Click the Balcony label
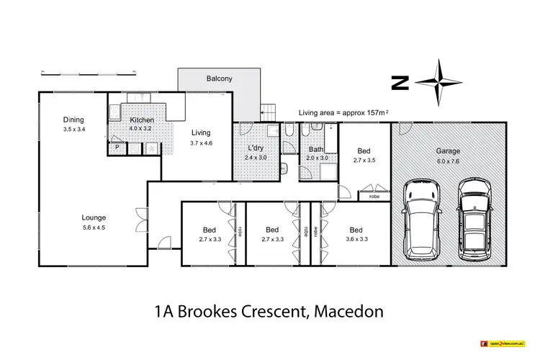coord(220,78)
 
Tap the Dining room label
coord(73,120)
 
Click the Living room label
coord(201,132)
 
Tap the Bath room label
coord(316,148)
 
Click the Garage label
coord(448,152)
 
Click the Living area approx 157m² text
coord(343,113)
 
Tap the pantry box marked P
coord(117,148)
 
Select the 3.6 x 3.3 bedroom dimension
coord(357,240)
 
